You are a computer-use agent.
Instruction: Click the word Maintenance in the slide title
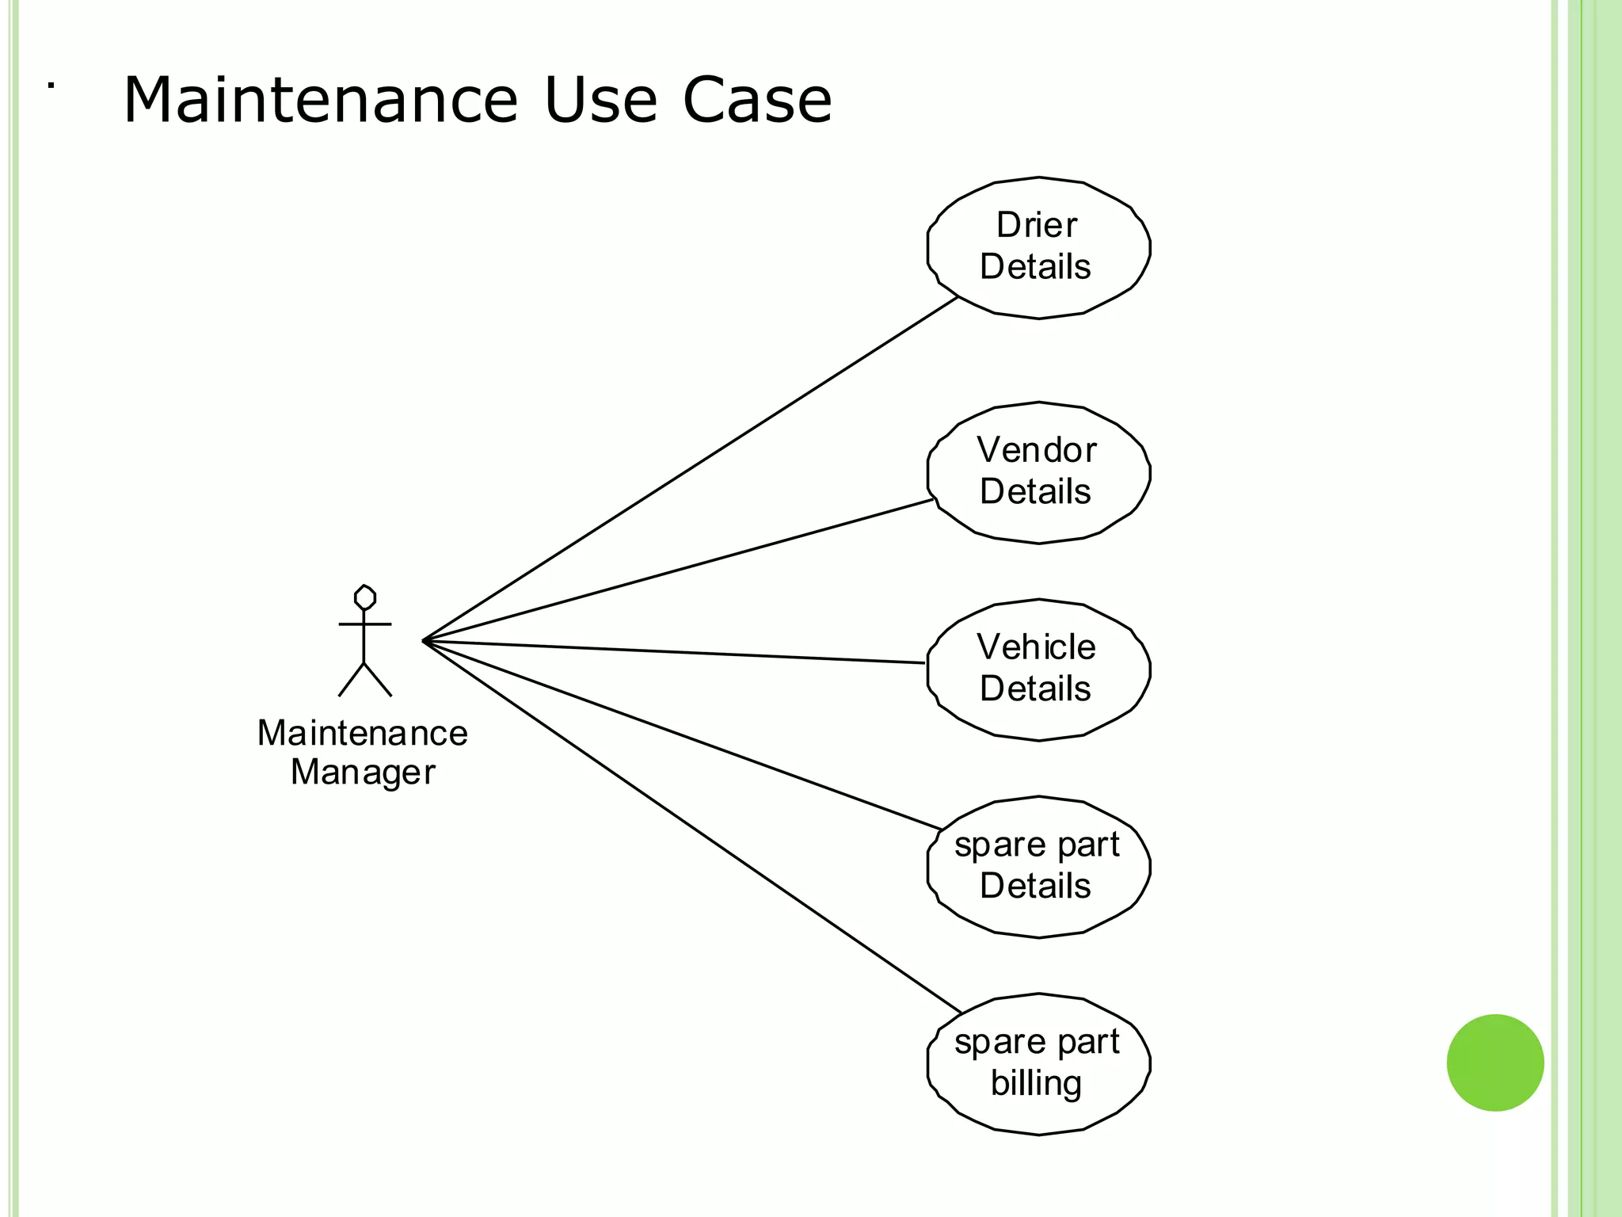click(x=320, y=101)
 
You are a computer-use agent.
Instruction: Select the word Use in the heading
click(x=600, y=101)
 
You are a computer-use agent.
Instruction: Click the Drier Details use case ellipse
click(x=1038, y=247)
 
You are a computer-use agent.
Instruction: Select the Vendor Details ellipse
click(x=1038, y=472)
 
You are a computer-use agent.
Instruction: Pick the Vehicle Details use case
click(x=1038, y=669)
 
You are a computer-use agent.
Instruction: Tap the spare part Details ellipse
click(x=1038, y=866)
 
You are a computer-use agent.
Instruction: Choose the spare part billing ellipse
click(x=1038, y=1063)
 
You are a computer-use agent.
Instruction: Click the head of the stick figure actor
click(x=364, y=597)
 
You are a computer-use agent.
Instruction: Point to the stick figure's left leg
click(x=351, y=681)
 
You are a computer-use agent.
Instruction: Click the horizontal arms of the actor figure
click(x=364, y=624)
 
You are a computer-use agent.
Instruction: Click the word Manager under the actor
click(x=363, y=773)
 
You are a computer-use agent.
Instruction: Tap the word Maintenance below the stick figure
click(x=363, y=734)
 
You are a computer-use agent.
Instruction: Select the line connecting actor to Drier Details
click(x=689, y=469)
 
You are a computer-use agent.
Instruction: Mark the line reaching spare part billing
click(x=689, y=824)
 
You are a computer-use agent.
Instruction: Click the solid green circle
click(x=1494, y=1062)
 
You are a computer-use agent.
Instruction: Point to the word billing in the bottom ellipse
click(x=1036, y=1083)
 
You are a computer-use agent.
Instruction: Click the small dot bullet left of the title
click(x=51, y=85)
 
